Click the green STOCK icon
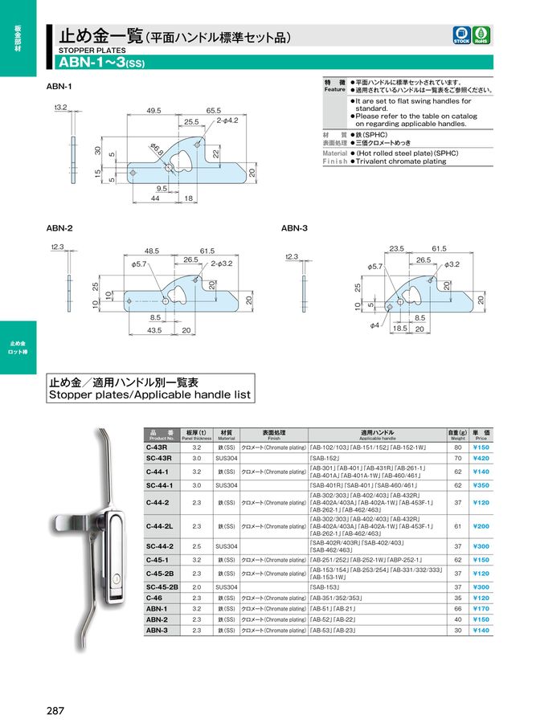[x=462, y=35]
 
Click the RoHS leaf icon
[x=482, y=35]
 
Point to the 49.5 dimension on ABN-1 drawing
[x=154, y=111]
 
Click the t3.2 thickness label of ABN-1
[x=61, y=108]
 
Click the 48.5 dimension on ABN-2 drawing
[x=152, y=251]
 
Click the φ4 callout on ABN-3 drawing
[x=374, y=325]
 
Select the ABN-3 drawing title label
[x=294, y=228]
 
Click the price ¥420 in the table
[x=481, y=458]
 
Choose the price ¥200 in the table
[x=481, y=526]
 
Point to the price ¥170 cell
[x=481, y=609]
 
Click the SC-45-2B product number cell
[x=163, y=587]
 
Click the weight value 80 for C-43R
[x=457, y=447]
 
